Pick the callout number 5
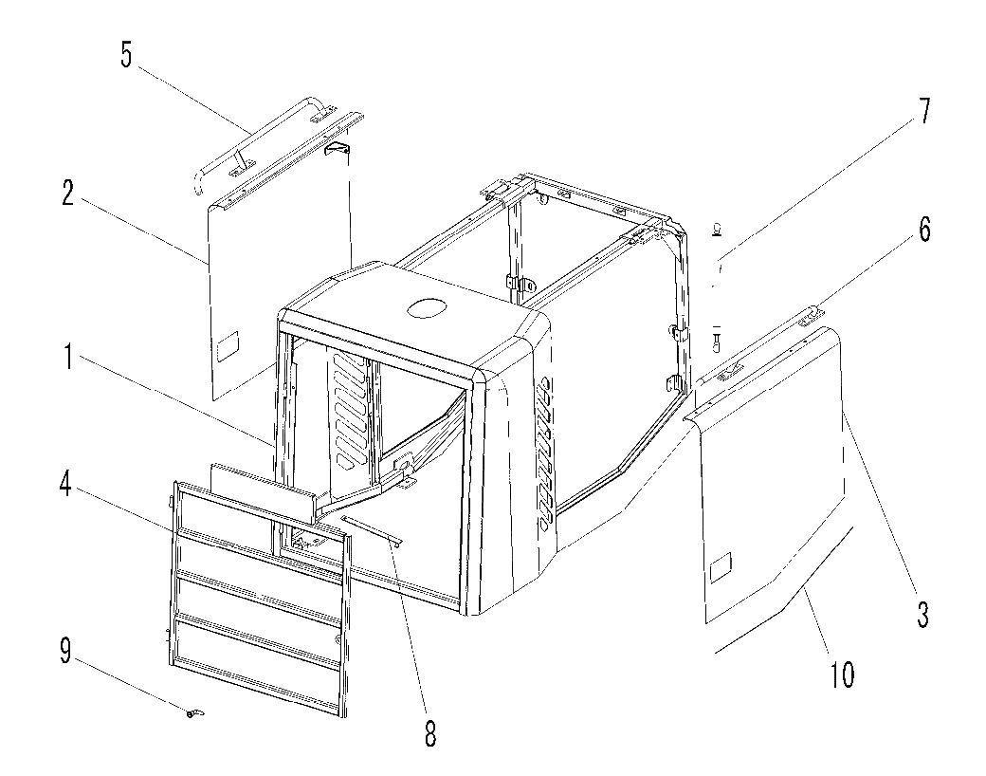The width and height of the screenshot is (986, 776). [126, 55]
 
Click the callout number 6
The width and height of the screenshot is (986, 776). [924, 231]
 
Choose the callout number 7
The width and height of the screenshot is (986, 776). [922, 111]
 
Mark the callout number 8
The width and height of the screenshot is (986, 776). [430, 733]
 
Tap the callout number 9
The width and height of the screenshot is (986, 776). [66, 652]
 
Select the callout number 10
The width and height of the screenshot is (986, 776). [842, 675]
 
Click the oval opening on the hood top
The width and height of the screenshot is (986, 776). [428, 308]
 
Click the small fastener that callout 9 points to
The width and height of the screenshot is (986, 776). [195, 712]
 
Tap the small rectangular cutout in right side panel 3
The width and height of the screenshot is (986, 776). [721, 566]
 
